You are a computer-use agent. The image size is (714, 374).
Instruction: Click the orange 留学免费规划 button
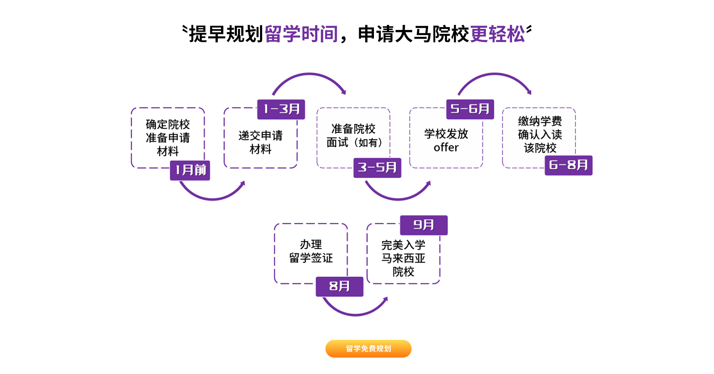click(368, 348)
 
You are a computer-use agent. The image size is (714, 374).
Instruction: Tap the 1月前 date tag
click(190, 170)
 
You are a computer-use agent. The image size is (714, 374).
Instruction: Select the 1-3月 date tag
click(281, 109)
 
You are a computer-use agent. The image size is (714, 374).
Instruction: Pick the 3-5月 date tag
click(377, 168)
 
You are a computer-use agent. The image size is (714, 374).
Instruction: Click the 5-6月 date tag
click(470, 109)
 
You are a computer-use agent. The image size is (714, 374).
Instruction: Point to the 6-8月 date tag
click(568, 165)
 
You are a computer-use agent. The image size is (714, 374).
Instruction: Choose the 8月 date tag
click(339, 287)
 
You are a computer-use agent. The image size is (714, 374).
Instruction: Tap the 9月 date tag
click(424, 225)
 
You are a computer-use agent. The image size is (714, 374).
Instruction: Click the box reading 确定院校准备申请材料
click(168, 138)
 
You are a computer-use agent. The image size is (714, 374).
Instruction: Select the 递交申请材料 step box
click(260, 142)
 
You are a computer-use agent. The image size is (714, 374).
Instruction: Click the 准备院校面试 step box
click(353, 136)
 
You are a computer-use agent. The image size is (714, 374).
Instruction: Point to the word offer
click(446, 148)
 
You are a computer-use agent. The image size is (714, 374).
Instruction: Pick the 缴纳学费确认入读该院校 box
click(539, 134)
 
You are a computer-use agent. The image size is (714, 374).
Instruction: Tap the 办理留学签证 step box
click(311, 251)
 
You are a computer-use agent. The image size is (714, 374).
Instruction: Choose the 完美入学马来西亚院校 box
click(403, 258)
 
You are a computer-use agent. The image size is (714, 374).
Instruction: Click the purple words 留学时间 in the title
click(301, 34)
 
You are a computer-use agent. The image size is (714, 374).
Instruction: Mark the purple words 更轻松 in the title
click(498, 34)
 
